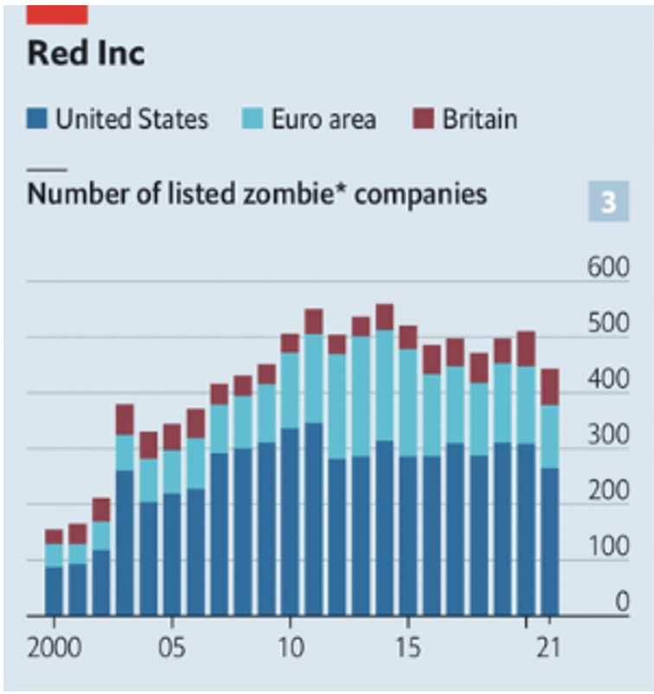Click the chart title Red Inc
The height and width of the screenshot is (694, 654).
[x=86, y=54]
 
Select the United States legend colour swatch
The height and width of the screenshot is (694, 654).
[x=37, y=118]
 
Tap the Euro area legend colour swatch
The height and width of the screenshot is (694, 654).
[x=252, y=118]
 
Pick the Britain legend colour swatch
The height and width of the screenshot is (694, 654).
[x=423, y=118]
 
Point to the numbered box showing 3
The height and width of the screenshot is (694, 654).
[x=608, y=202]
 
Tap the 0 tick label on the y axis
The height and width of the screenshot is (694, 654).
[x=621, y=601]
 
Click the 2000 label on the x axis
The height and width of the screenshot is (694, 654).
[x=54, y=647]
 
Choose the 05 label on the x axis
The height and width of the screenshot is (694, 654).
[x=172, y=647]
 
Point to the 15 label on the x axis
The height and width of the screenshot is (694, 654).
[x=407, y=647]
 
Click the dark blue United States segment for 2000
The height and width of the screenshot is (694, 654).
[x=54, y=591]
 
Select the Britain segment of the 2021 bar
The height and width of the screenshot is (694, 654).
[x=549, y=387]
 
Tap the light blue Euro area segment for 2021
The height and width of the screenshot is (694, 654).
[x=549, y=436]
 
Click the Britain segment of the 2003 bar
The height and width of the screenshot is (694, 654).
[x=125, y=419]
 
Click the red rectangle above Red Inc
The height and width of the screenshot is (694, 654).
[x=56, y=13]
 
